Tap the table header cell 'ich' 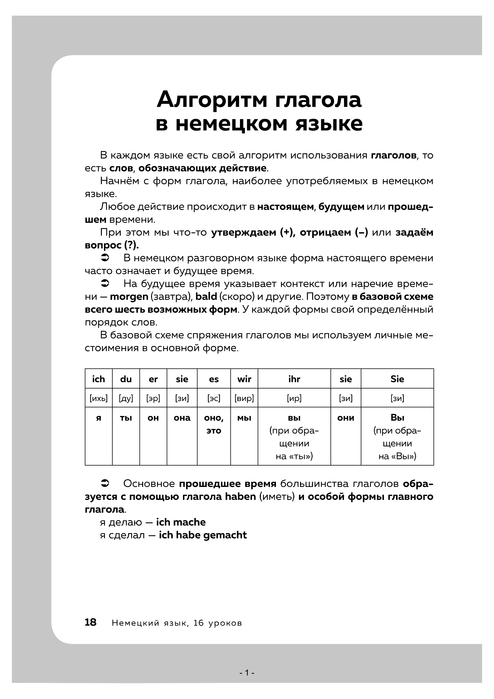pyautogui.click(x=99, y=379)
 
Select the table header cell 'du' pyautogui.click(x=126, y=379)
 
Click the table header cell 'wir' pyautogui.click(x=244, y=379)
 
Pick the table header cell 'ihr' pyautogui.click(x=294, y=379)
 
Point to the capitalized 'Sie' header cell pyautogui.click(x=397, y=379)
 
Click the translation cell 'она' pyautogui.click(x=182, y=418)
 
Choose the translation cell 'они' pyautogui.click(x=346, y=418)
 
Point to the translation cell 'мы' pyautogui.click(x=244, y=418)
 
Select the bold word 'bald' pyautogui.click(x=206, y=297)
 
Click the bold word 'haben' pyautogui.click(x=240, y=496)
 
